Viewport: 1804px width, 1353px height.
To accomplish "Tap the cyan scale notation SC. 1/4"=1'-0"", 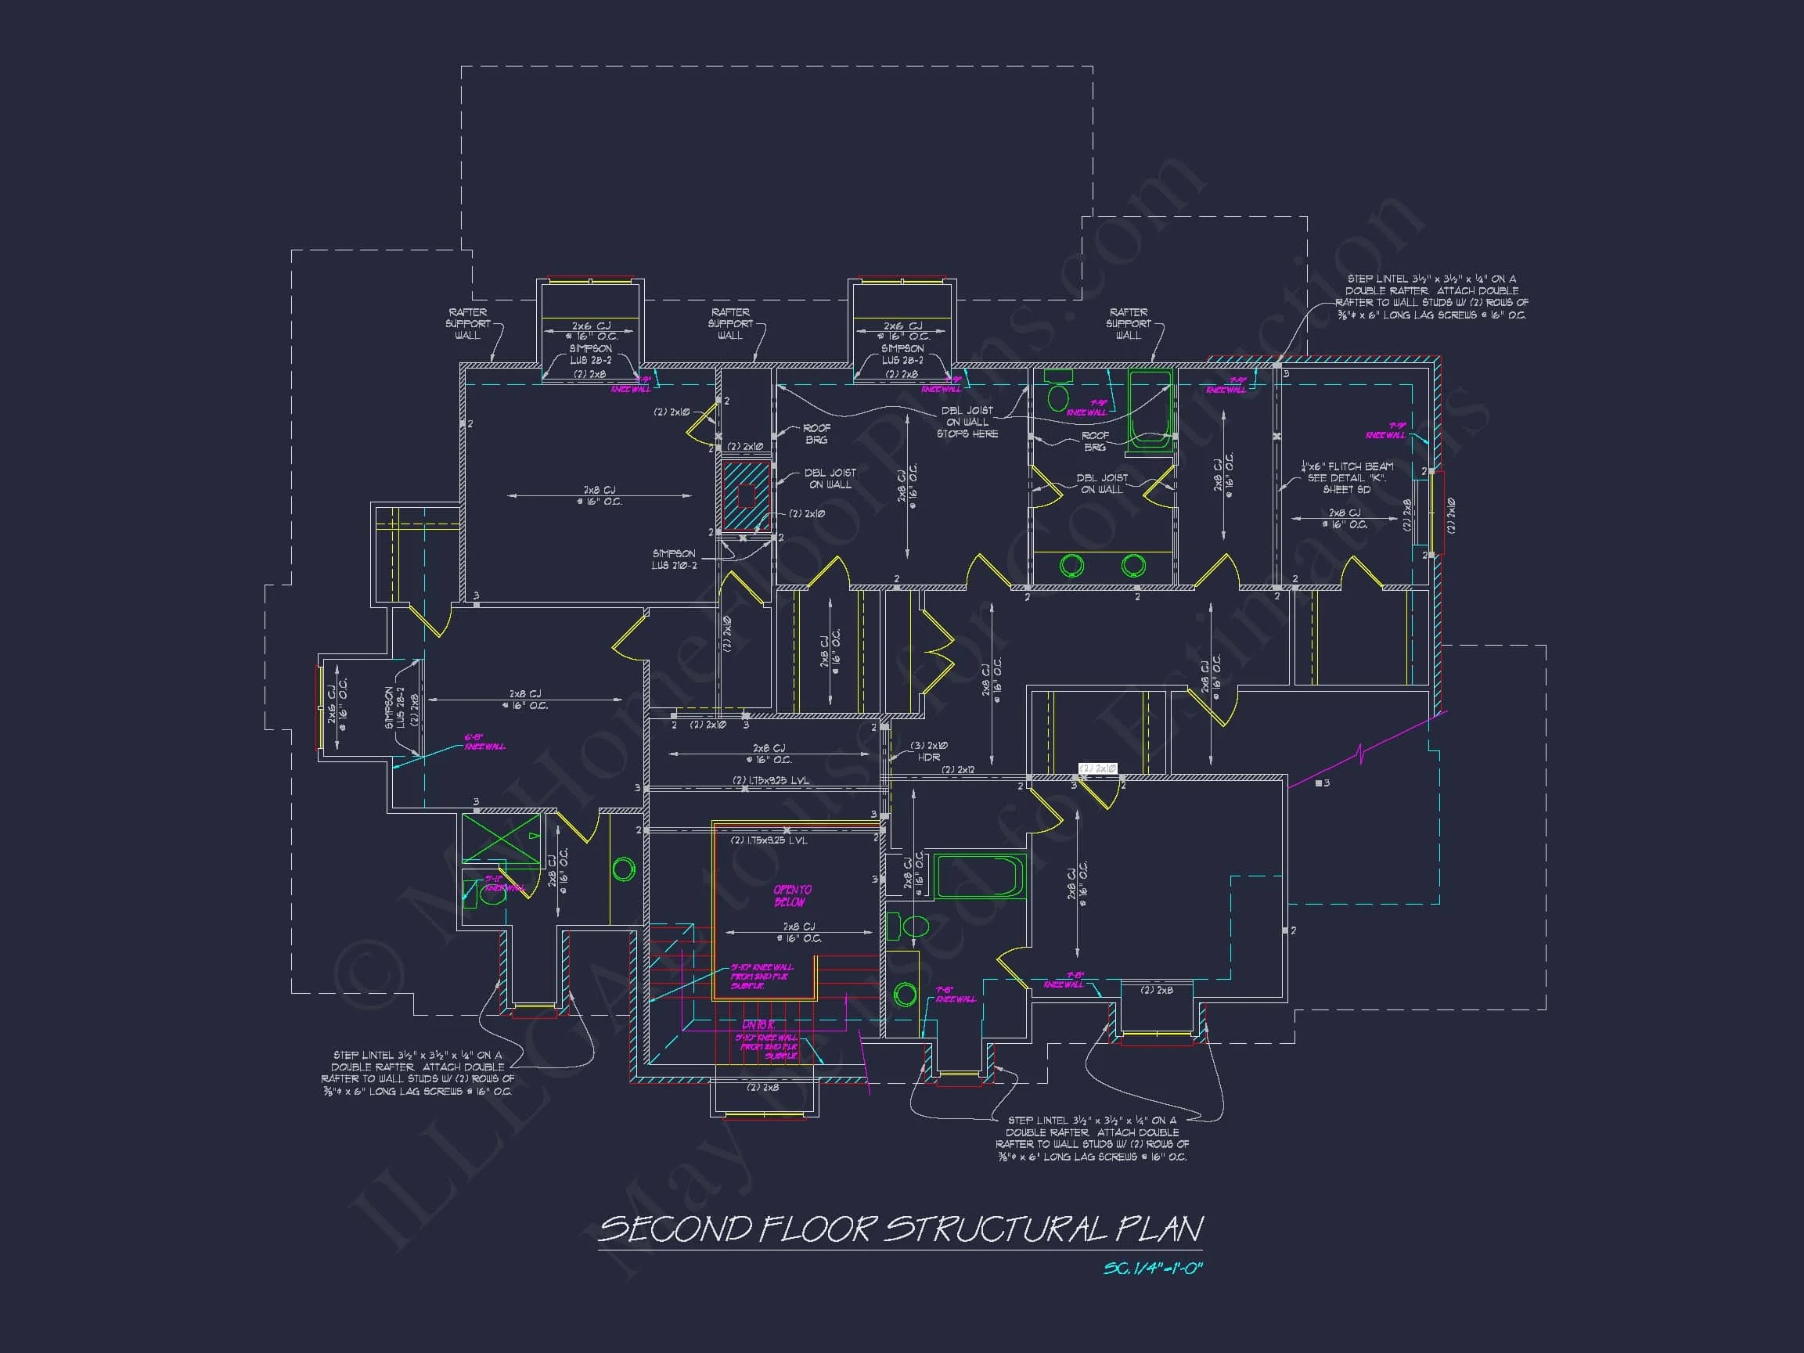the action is [1153, 1268].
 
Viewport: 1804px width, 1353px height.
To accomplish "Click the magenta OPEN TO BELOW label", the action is [791, 895].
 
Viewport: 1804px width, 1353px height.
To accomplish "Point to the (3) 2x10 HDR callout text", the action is [929, 751].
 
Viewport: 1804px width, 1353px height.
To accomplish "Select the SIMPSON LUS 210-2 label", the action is [674, 560].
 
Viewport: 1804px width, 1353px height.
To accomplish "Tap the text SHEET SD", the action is [1345, 489].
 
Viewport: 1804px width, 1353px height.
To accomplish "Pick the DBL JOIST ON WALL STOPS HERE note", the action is [967, 423].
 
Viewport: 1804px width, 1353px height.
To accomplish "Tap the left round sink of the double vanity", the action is [1071, 564].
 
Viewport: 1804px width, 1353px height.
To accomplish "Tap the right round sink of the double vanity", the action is [1132, 564].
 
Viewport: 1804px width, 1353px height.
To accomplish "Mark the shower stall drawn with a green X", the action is [501, 837].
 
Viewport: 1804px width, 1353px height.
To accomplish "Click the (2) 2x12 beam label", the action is [958, 770].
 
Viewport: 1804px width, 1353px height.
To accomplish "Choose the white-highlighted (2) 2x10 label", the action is [1098, 768].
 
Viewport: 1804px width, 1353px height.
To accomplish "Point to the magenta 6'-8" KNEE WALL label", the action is [484, 741].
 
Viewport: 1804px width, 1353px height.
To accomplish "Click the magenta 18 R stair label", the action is [758, 1024].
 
